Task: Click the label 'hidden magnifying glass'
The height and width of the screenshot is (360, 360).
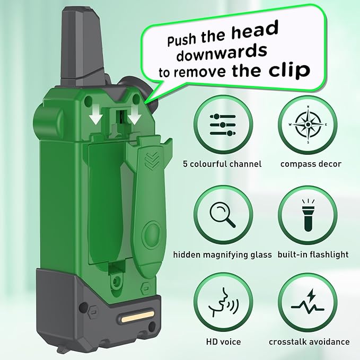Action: [x=222, y=254]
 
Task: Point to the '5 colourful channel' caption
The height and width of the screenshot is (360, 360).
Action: [x=222, y=164]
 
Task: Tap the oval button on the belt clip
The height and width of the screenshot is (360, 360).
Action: [x=151, y=234]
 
